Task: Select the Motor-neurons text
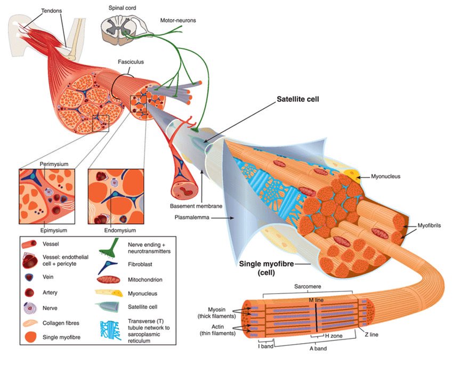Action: click(x=179, y=21)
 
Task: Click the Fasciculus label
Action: click(x=131, y=62)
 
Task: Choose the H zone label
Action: click(x=333, y=336)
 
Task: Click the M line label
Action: click(x=318, y=299)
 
